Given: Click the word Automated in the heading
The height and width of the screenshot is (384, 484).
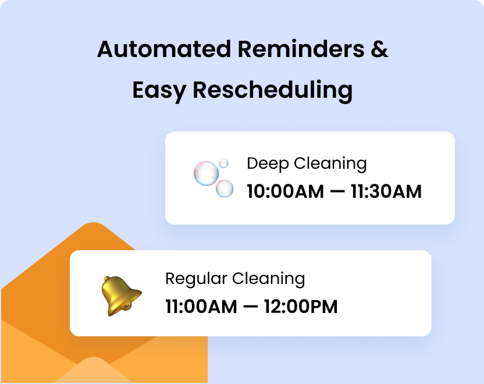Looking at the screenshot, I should [x=165, y=49].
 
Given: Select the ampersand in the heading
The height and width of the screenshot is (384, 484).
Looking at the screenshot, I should [x=379, y=49].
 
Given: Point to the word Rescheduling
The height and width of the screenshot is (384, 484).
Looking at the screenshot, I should [x=272, y=91].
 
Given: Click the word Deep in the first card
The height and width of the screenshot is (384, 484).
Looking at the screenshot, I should [x=266, y=163].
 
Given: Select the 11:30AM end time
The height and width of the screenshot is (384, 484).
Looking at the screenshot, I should [x=386, y=191].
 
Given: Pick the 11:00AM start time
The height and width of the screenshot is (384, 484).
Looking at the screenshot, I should [x=200, y=306].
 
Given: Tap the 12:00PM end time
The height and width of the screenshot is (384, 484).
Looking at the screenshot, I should [x=301, y=306].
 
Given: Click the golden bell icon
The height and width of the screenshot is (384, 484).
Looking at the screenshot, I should [x=119, y=295].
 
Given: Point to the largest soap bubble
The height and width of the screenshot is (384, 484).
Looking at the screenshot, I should [x=206, y=173].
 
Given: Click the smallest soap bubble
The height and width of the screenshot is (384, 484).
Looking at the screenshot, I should [x=223, y=163].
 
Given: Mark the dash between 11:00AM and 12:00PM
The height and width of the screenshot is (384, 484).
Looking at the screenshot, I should [x=250, y=307].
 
